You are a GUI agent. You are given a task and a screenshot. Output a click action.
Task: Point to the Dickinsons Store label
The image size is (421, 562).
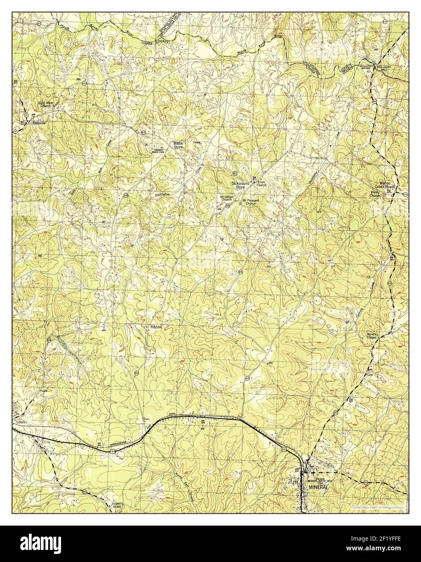click(x=241, y=185)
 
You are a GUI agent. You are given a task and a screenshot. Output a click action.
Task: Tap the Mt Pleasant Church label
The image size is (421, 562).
click(x=249, y=202)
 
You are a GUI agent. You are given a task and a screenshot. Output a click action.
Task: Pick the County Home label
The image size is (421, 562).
click(x=117, y=505)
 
